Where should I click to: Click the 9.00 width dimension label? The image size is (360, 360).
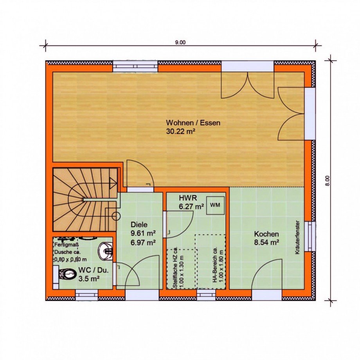(x=180, y=43)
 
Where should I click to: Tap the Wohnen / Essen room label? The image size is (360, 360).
(x=193, y=122)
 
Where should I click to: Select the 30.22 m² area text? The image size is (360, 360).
(x=180, y=131)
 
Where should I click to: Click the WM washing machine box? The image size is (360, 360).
(x=215, y=205)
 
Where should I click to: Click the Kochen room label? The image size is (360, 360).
(x=266, y=234)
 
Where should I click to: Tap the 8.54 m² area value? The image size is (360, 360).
(x=266, y=243)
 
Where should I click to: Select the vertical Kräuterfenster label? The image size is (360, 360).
(x=297, y=238)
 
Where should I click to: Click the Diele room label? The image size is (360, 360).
(x=139, y=225)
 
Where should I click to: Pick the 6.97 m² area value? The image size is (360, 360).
(x=143, y=242)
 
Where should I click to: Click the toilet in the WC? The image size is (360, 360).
(x=67, y=274)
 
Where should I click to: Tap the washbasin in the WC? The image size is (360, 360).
(x=106, y=251)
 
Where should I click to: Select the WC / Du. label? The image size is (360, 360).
(x=93, y=270)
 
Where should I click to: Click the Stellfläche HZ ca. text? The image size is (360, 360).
(x=175, y=268)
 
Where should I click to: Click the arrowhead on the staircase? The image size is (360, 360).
(x=113, y=183)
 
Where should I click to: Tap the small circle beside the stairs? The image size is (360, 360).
(x=116, y=216)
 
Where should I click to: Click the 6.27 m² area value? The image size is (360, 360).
(x=191, y=207)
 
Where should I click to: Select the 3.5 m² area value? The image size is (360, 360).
(x=89, y=279)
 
